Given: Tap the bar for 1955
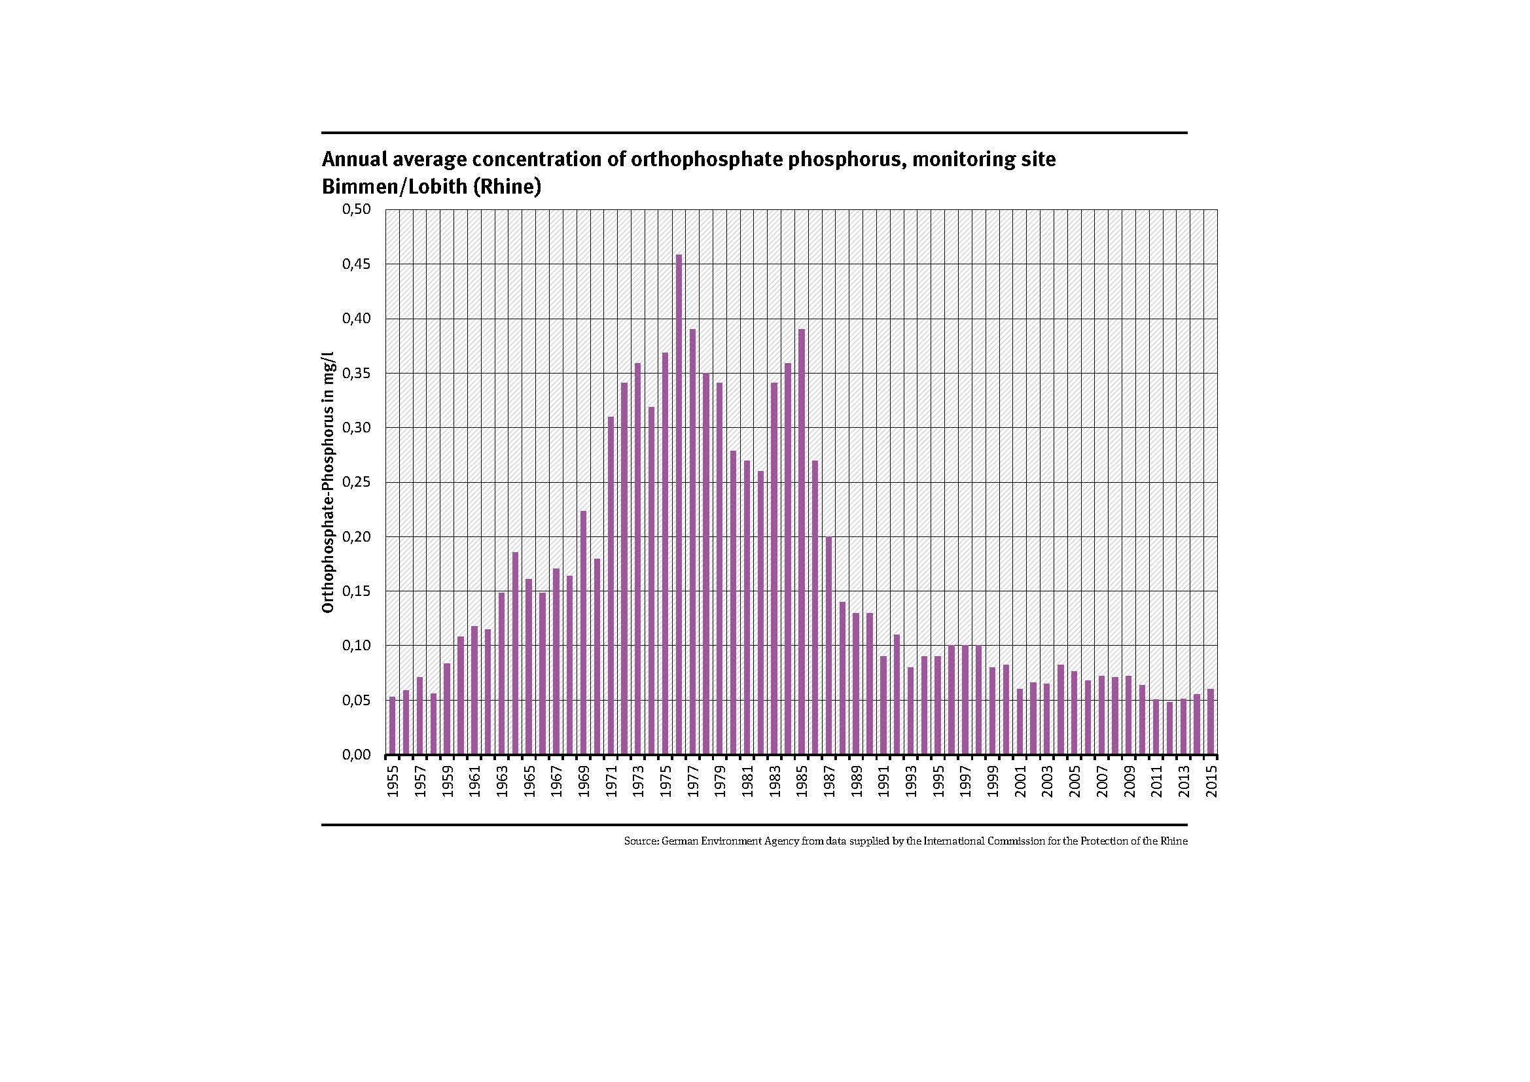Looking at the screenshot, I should [393, 725].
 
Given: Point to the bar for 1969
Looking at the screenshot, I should [583, 633].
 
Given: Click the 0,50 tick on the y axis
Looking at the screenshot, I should [356, 210].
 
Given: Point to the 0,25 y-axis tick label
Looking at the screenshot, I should [356, 482].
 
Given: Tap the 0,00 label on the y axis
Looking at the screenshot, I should [356, 755].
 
